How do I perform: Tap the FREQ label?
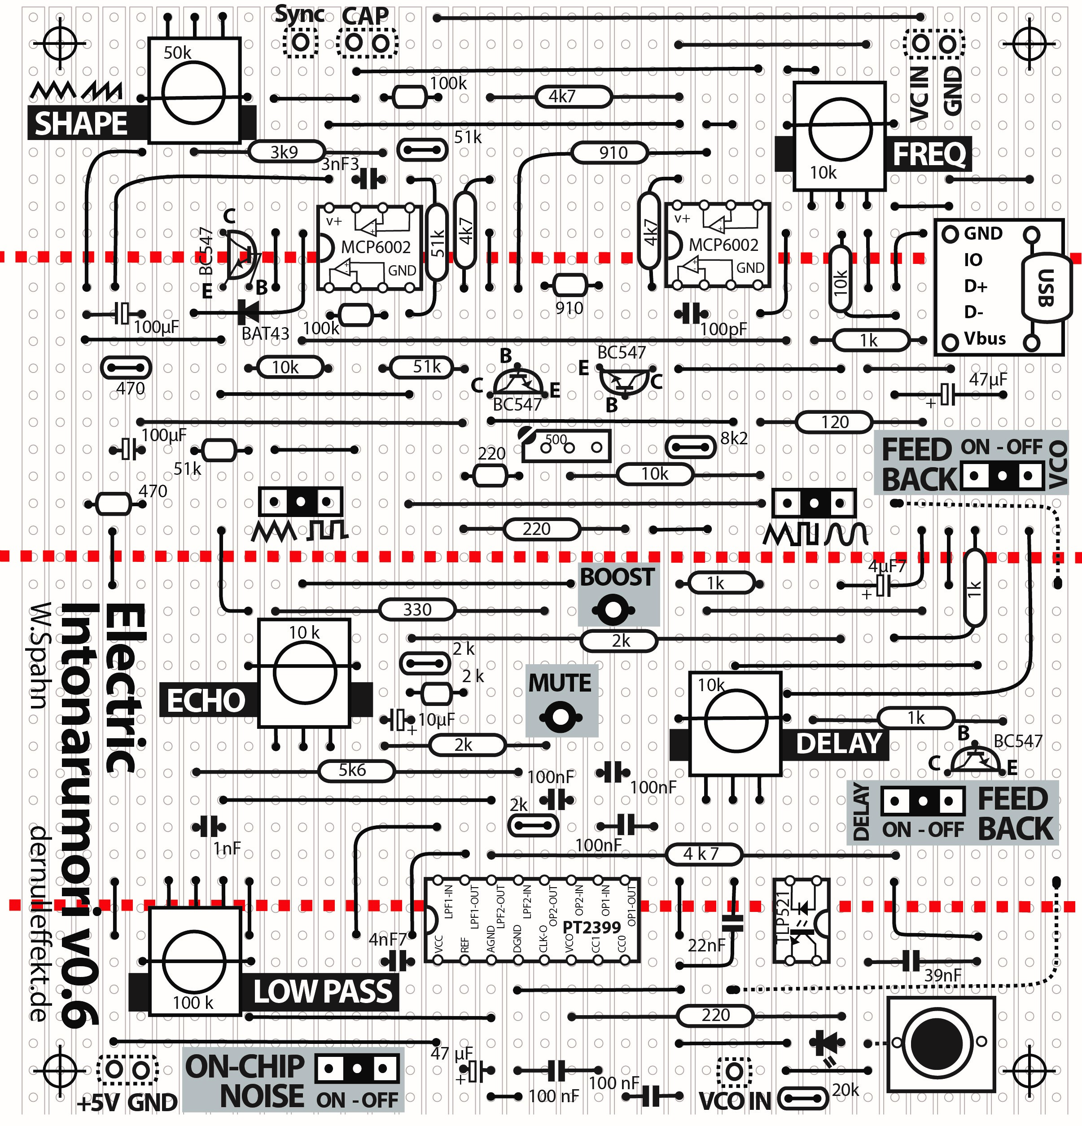[929, 154]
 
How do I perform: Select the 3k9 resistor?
[285, 152]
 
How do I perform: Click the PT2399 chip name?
[591, 927]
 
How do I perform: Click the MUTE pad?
[559, 717]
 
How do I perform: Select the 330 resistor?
[417, 609]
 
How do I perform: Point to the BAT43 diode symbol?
[249, 312]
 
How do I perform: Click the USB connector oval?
[1046, 287]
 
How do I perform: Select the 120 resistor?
[834, 422]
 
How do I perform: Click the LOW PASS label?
[323, 991]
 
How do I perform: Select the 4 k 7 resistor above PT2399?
[703, 854]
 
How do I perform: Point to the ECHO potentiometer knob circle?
[305, 672]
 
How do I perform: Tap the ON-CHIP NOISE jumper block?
[357, 1069]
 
